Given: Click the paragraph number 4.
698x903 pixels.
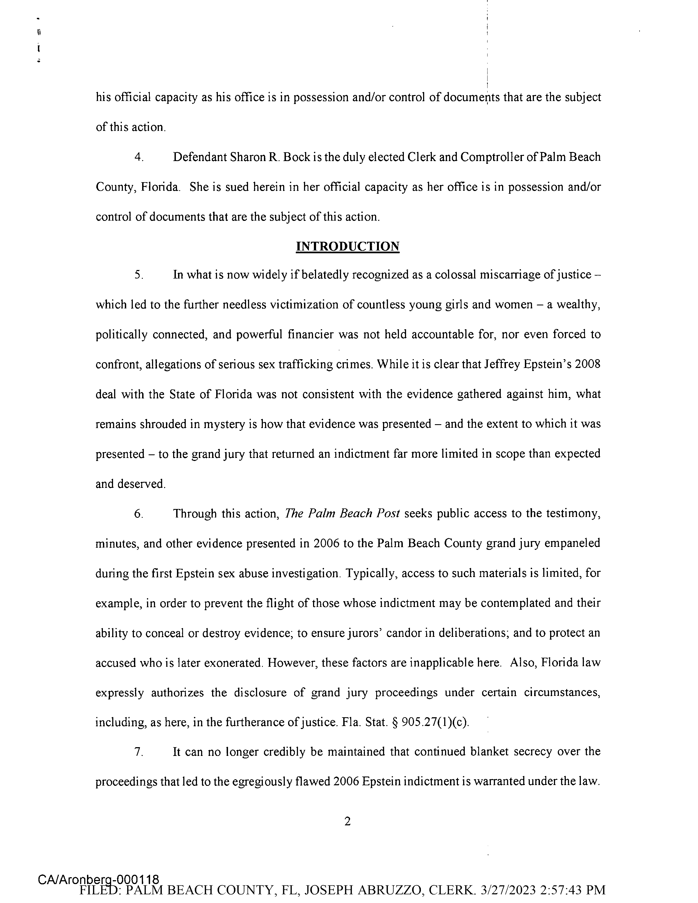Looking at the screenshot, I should (x=139, y=157).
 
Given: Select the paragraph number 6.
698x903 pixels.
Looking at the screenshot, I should (x=139, y=514).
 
